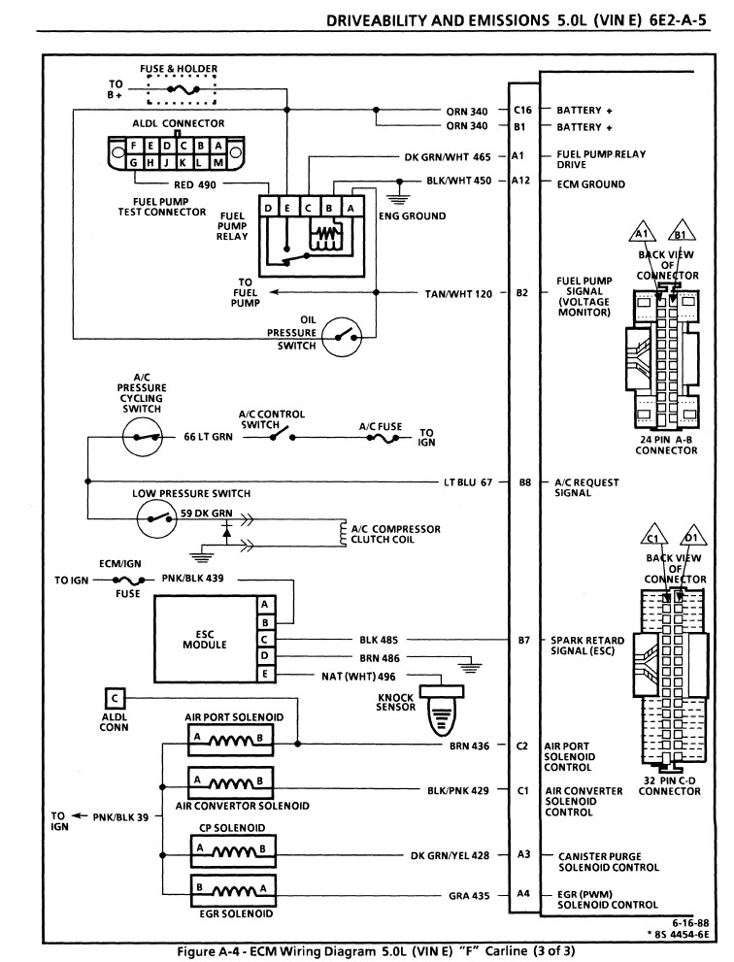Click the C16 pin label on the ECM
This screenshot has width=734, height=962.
[x=522, y=111]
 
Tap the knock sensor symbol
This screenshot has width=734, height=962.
[x=441, y=710]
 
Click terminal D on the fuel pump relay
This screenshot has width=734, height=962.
[x=268, y=208]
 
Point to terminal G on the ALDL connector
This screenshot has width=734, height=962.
[x=133, y=162]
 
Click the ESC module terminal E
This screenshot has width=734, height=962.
[x=265, y=674]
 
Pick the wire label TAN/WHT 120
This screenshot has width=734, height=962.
[x=458, y=294]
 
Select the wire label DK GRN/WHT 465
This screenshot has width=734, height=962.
[x=448, y=157]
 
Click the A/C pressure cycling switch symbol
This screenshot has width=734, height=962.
[x=143, y=437]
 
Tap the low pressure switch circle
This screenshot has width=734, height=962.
[x=156, y=519]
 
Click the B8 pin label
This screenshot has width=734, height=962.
[x=524, y=482]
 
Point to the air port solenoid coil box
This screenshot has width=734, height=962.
[x=230, y=740]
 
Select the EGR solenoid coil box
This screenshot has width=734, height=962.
[x=233, y=891]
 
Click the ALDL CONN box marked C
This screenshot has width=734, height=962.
[x=115, y=698]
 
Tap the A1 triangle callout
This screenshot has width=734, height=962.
[x=642, y=232]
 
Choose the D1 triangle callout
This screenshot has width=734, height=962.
[x=693, y=537]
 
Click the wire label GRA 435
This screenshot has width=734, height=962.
[x=469, y=896]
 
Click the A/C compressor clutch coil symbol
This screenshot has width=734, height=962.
[x=344, y=534]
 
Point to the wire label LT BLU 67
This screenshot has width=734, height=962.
[x=468, y=482]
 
